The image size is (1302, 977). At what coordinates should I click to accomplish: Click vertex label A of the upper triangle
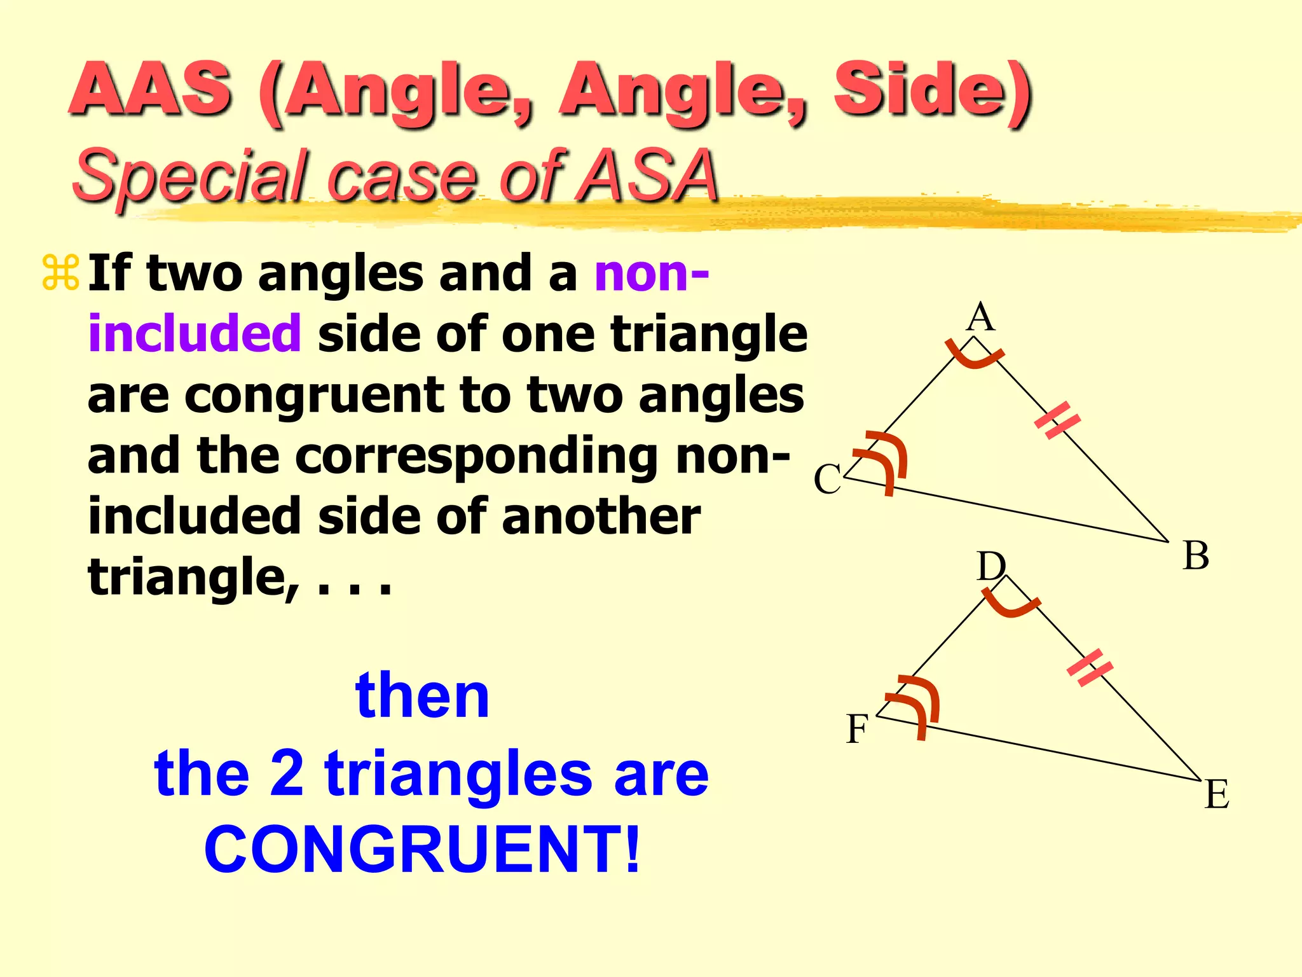[980, 317]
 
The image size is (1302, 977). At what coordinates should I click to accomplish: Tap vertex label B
[1195, 555]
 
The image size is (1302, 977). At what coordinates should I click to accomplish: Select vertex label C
[827, 479]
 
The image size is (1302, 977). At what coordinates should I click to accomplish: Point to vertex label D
[990, 565]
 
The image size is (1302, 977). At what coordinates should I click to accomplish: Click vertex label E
[1216, 794]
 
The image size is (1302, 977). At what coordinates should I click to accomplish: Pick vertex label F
[856, 729]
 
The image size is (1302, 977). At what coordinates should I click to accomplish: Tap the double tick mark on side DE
[1090, 668]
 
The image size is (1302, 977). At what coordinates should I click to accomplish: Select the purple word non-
[651, 274]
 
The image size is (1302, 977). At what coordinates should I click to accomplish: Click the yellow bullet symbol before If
[60, 273]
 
